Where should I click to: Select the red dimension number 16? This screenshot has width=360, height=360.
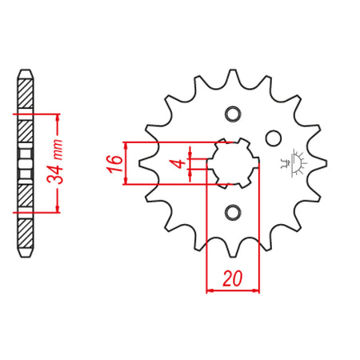[x=114, y=163]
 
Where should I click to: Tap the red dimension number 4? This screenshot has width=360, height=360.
[x=181, y=163]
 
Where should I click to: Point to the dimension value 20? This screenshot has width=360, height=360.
[x=232, y=278]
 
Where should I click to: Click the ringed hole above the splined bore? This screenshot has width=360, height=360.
[x=233, y=114]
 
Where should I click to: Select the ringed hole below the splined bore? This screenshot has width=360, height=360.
[x=233, y=213]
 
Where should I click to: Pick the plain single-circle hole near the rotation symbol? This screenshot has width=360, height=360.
[x=274, y=138]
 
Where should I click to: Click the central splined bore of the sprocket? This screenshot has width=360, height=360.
[x=233, y=163]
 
